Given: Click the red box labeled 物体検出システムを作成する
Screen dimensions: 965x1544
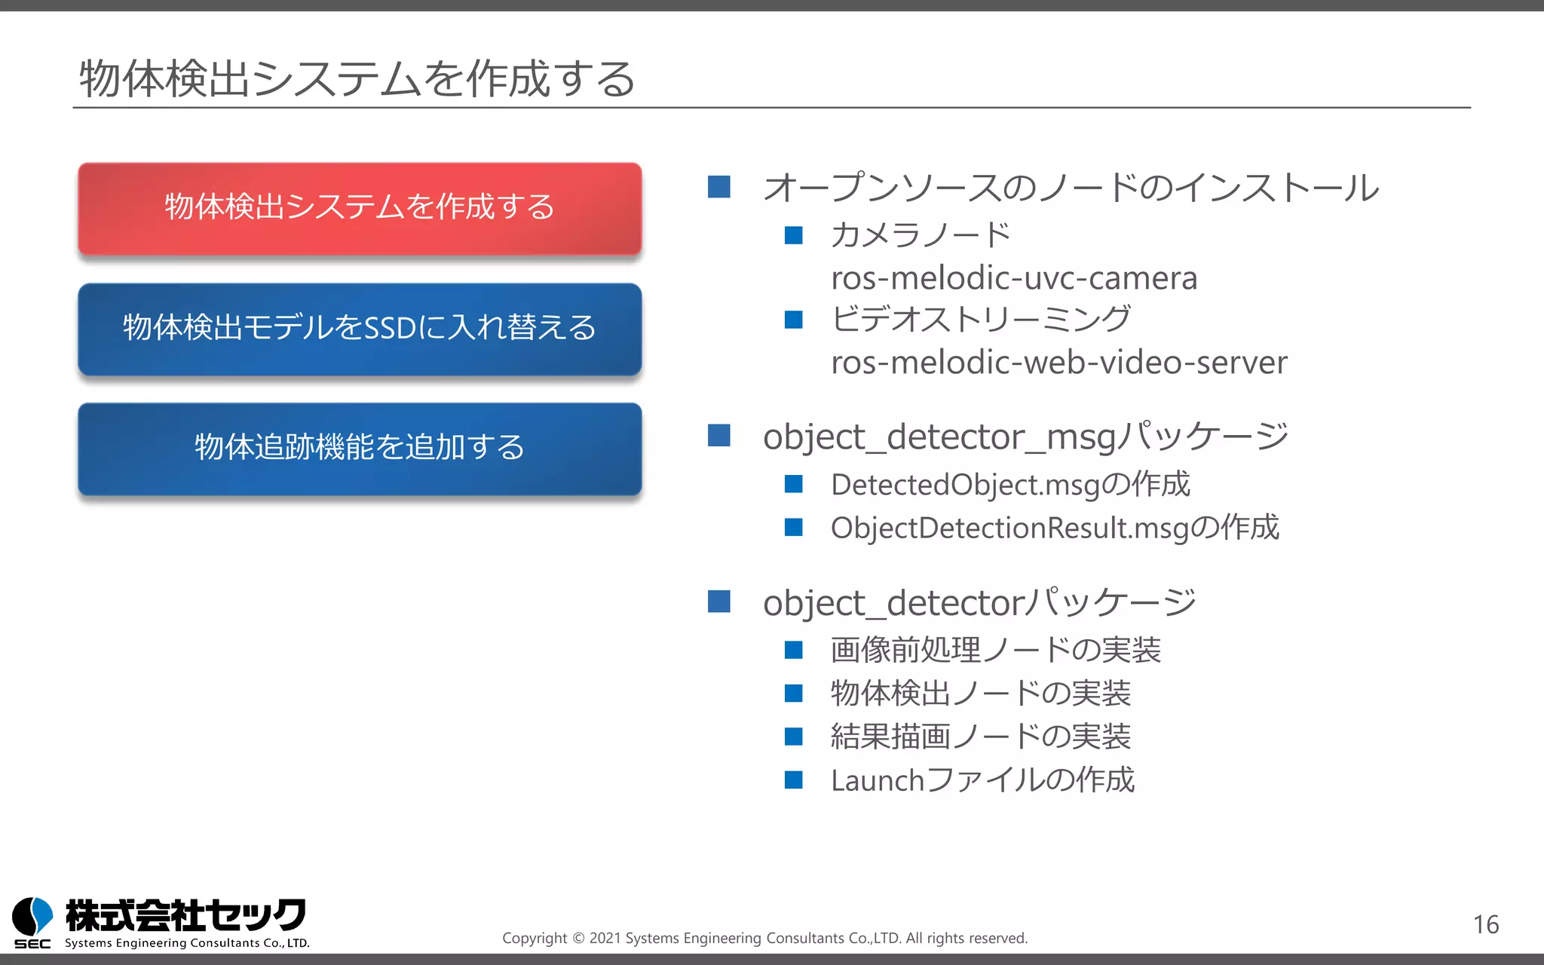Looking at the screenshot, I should coord(360,207).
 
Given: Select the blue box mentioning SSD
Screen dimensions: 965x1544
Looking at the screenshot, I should coord(360,329).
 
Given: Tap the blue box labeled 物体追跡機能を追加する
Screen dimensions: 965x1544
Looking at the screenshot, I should coord(360,448).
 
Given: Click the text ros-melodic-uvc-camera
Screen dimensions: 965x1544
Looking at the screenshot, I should coord(1013,278).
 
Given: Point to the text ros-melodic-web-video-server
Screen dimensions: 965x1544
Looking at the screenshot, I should coord(1058,363).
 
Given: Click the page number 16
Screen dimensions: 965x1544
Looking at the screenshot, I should coord(1485,924).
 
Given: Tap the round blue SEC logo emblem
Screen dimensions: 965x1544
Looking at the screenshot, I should coord(32,915).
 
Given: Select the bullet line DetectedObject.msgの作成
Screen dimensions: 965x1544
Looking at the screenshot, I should coord(1009,485).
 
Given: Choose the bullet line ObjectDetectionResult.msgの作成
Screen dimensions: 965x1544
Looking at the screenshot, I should coord(1054,528).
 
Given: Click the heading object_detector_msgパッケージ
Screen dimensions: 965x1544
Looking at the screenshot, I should coord(1025,437).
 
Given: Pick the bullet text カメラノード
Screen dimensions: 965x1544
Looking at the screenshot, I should coord(920,235).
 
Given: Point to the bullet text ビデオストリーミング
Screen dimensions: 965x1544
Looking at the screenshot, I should coord(980,320).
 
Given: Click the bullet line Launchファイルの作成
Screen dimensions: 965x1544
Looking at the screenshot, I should coord(982,780).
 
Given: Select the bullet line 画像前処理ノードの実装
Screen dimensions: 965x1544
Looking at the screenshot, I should coord(995,650).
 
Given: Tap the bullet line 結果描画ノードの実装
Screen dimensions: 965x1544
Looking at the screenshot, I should coord(980,737).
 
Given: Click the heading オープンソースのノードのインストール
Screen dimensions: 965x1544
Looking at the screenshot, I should coord(1071,188).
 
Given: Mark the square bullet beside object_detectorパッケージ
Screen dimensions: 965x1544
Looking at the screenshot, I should coord(719,602).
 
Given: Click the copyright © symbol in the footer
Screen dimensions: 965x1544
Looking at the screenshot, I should coord(578,939).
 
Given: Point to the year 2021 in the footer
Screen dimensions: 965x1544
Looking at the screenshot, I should coord(605,939).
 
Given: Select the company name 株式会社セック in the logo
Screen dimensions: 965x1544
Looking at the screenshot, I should coord(185,915).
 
